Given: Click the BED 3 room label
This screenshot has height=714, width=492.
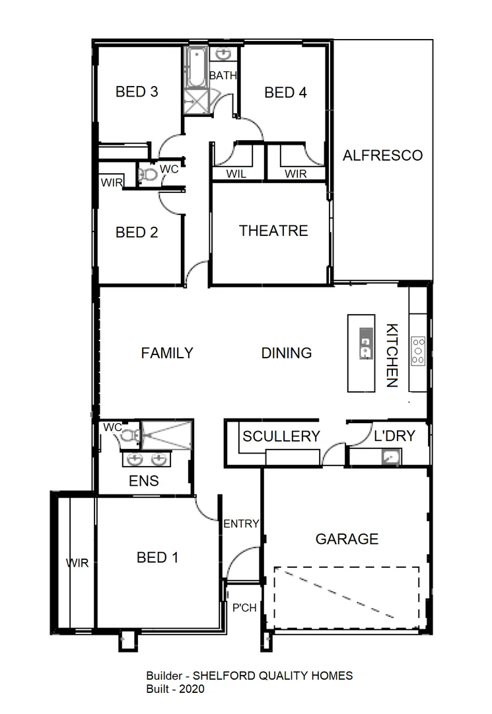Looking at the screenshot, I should coord(137,92).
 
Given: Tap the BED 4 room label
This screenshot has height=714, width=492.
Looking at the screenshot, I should coord(285,93).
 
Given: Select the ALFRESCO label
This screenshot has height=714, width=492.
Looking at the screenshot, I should coord(382,156).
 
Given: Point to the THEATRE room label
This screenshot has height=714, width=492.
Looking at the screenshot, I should coord(273,231).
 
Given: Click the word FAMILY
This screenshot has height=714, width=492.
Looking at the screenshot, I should coord(167,353).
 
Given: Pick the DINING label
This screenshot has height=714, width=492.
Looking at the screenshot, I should coord(287,353).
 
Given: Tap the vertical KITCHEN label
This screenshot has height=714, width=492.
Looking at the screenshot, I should coord(392,355).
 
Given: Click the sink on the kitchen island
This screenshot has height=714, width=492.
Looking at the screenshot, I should coord(365,343).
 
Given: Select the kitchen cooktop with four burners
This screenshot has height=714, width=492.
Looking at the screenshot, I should coord(419,351).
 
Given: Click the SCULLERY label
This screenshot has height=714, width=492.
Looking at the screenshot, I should coord(281,436).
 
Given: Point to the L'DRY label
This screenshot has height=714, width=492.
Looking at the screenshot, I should coord(394,436).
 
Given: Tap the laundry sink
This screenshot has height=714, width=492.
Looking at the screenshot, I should coord(390,457).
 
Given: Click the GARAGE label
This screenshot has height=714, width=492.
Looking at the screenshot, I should coord(347,539).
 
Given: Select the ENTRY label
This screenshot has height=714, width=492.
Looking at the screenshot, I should coord(241,524).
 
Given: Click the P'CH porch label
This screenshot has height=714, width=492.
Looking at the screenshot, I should coord(244,608).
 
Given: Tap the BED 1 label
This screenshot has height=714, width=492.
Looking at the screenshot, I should coord(157,558).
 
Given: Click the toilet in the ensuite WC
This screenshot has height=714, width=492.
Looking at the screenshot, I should coord(130,435).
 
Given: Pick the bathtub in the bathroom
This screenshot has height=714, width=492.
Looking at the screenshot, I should coord(195,67).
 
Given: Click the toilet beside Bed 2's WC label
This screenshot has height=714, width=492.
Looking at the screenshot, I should coord(149,175).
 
